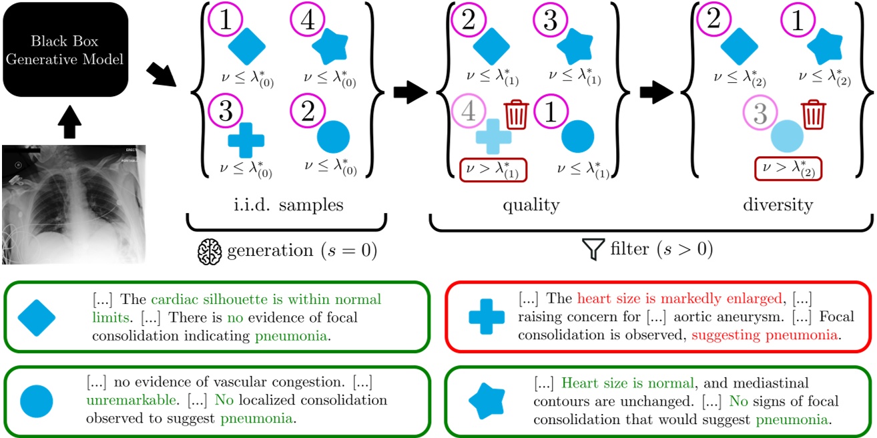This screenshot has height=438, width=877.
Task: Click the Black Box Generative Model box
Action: click(65, 49)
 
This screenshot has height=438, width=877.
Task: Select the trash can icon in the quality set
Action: click(516, 114)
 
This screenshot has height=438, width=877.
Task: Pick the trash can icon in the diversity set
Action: click(812, 114)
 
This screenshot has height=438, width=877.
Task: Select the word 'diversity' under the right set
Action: click(778, 204)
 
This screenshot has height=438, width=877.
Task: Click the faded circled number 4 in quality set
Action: click(469, 112)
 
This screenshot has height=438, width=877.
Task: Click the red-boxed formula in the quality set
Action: click(494, 170)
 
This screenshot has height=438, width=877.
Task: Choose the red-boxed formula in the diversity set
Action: click(788, 168)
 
